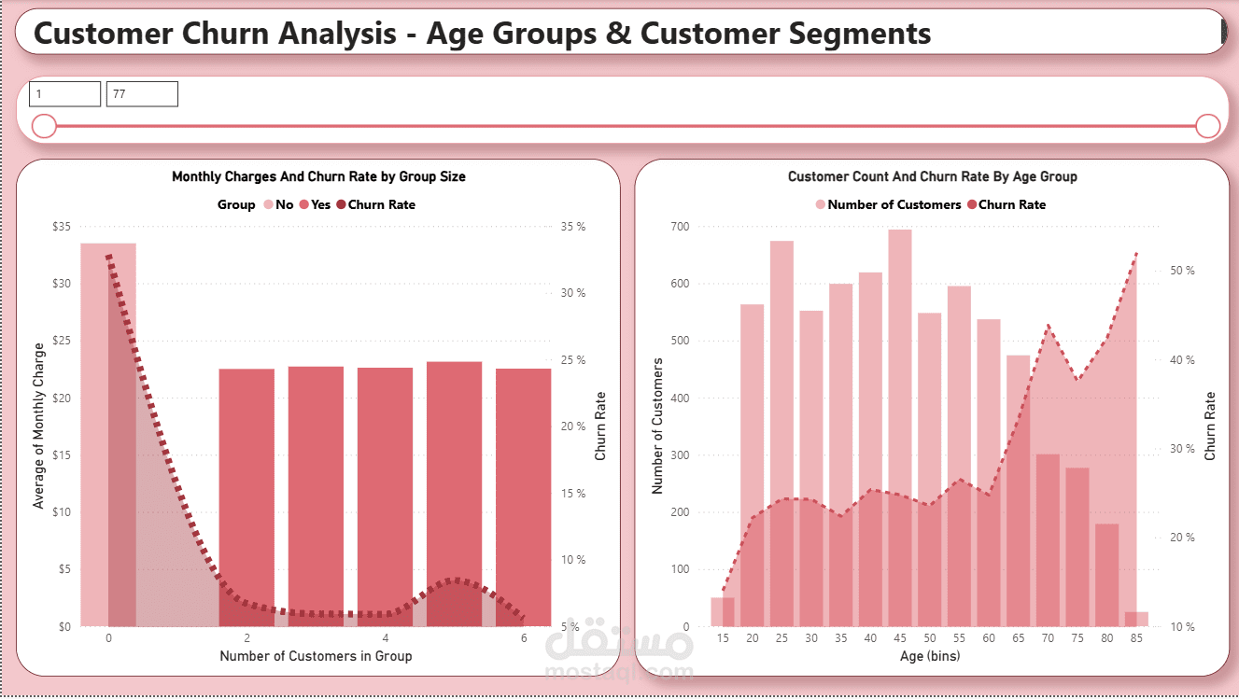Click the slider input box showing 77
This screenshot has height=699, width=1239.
(x=142, y=94)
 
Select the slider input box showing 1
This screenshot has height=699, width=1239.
(x=64, y=94)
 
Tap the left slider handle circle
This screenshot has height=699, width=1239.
(x=44, y=126)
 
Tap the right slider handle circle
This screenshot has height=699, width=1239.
(x=1208, y=126)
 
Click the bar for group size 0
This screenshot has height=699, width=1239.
(x=108, y=434)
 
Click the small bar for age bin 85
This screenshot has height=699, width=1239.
(x=1136, y=620)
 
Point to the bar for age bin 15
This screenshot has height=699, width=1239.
(x=723, y=612)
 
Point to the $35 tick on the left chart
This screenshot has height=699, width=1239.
(x=61, y=227)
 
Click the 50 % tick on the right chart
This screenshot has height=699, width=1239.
(x=1182, y=271)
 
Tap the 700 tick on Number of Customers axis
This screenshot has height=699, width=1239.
(x=679, y=227)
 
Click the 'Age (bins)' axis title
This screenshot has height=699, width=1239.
(x=929, y=656)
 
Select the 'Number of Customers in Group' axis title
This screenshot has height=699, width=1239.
(x=316, y=656)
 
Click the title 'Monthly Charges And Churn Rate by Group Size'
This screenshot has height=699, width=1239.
(x=318, y=176)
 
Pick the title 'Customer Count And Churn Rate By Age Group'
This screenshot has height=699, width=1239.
(x=932, y=176)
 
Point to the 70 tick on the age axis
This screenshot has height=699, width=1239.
(x=1049, y=638)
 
